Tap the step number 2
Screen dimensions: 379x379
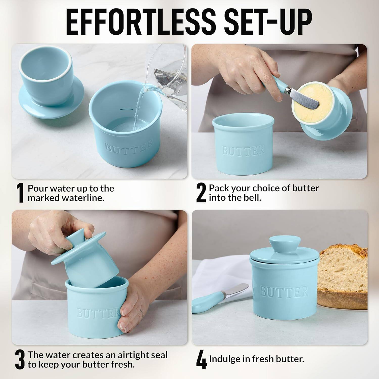201,193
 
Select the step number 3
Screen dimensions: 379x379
19,360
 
